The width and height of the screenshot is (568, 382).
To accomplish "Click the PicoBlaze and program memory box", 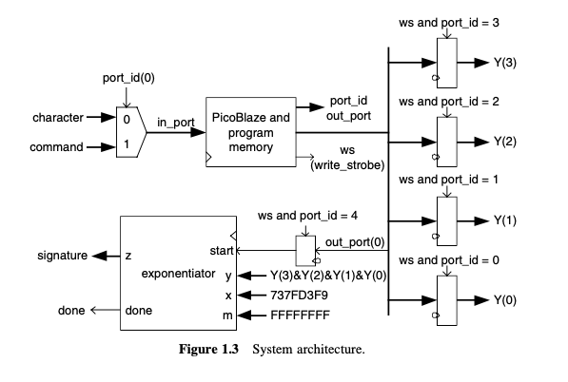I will point(250,133).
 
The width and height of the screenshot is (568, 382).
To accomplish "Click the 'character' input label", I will point(58,118).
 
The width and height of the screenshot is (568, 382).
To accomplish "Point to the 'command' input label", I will point(59,146).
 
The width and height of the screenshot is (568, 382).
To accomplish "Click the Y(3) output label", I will point(505,63).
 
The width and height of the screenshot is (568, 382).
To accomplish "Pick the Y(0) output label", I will point(505,300).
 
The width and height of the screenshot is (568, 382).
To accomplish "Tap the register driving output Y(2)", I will point(447,141).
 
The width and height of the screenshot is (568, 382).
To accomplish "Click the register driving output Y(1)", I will point(447,220).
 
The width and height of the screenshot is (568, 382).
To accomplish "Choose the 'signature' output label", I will point(63,256).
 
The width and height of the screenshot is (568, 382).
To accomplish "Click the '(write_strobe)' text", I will point(348,166).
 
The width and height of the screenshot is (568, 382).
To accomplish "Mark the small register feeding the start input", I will point(306,251).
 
